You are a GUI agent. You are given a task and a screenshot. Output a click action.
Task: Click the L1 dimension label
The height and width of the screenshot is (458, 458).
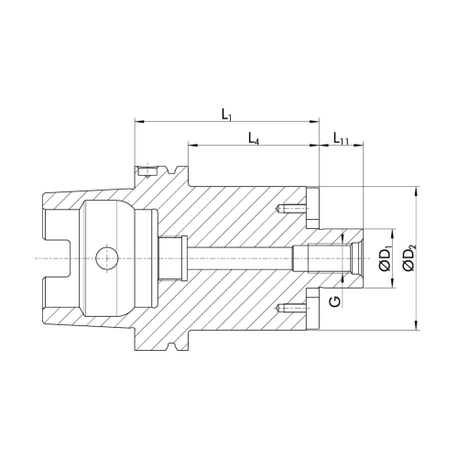pyautogui.click(x=226, y=114)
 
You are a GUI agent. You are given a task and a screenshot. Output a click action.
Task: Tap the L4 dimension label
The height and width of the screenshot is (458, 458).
pyautogui.click(x=254, y=138)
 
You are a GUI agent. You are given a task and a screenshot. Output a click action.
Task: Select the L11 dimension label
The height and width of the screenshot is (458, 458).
pyautogui.click(x=341, y=138)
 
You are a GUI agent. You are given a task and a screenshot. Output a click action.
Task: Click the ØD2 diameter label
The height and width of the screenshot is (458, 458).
pyautogui.click(x=409, y=259)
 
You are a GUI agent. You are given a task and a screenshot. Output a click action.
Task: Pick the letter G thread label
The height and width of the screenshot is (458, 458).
pyautogui.click(x=335, y=301)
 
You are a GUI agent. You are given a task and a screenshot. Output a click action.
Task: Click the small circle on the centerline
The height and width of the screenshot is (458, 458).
pyautogui.click(x=106, y=258)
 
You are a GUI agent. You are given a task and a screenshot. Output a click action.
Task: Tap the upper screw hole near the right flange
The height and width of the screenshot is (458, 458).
pyautogui.click(x=291, y=209)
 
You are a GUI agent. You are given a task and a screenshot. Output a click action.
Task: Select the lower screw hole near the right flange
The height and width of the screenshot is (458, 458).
pyautogui.click(x=291, y=308)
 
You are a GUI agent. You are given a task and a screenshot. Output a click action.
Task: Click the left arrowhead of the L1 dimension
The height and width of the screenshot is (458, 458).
pyautogui.click(x=139, y=122)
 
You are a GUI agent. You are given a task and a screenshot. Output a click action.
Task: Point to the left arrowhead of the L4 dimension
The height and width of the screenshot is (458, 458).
pyautogui.click(x=192, y=146)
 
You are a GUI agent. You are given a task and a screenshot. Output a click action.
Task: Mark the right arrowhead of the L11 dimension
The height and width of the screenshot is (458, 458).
pyautogui.click(x=359, y=146)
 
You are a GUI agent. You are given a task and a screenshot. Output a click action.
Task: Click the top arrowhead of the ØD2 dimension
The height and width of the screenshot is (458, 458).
pyautogui.click(x=416, y=191)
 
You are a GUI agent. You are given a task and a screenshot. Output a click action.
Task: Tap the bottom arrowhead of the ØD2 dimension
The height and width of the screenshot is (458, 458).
pyautogui.click(x=416, y=325)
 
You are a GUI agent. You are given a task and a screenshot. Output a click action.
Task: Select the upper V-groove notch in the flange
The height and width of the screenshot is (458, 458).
pyautogui.click(x=172, y=169)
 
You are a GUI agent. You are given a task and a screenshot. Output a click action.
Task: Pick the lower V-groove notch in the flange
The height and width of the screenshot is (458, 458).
pyautogui.click(x=172, y=347)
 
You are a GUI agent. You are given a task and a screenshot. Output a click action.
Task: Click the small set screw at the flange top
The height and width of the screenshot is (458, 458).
pyautogui.click(x=147, y=171)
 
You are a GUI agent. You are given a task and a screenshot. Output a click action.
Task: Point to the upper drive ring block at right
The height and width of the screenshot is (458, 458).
pyautogui.click(x=312, y=208)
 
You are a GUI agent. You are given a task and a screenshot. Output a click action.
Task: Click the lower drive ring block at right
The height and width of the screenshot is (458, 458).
pyautogui.click(x=312, y=309)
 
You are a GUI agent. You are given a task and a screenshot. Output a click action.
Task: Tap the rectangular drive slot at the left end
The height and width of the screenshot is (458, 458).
pyautogui.click(x=58, y=258)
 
